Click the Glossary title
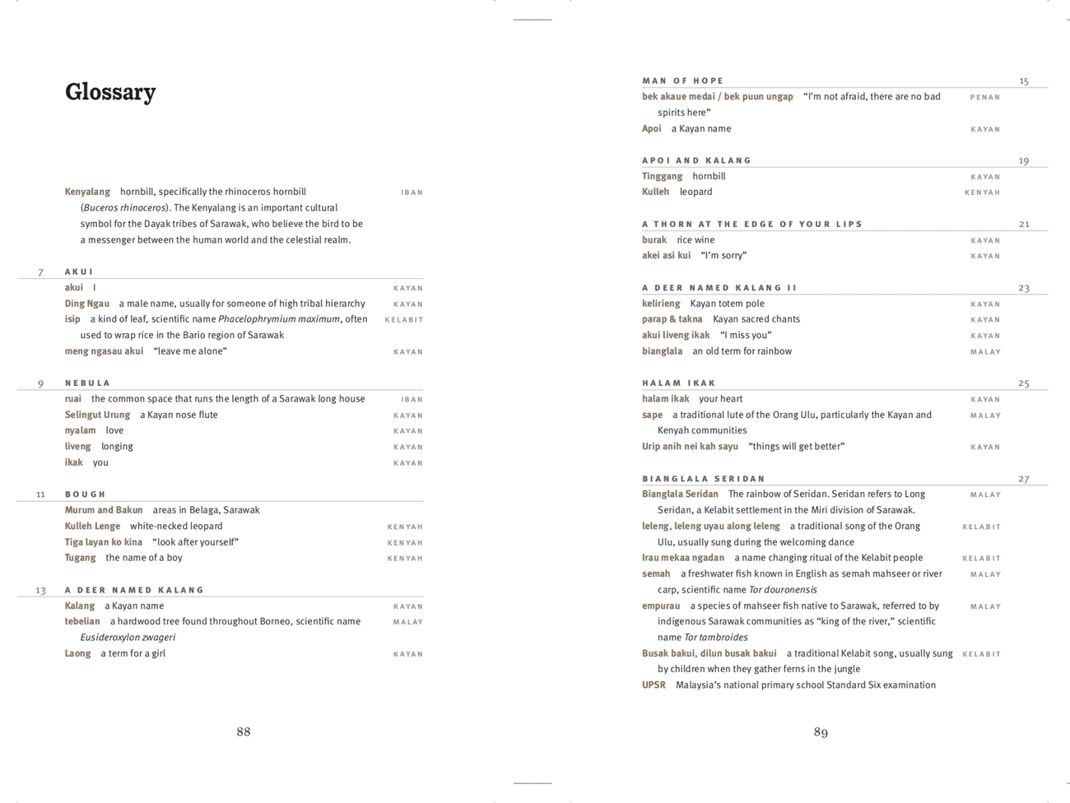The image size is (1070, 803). [110, 92]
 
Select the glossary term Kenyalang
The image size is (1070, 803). [87, 192]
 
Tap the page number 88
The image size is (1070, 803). [244, 731]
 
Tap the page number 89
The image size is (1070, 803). [821, 731]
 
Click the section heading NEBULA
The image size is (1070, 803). [87, 383]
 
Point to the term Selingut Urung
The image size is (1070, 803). [97, 415]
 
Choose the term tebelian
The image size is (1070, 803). [82, 621]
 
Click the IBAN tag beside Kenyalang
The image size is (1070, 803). [412, 193]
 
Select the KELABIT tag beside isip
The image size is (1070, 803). [403, 320]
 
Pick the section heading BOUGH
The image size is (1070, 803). [86, 494]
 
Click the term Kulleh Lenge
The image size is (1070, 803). [92, 526]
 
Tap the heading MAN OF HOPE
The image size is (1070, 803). [682, 81]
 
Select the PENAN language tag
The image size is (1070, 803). [984, 97]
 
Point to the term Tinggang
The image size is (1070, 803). [662, 176]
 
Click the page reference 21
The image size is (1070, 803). [1024, 224]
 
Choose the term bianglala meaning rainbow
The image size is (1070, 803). [662, 351]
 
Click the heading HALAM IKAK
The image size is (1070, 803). [679, 383]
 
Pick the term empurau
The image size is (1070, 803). [661, 606]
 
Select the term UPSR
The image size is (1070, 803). [654, 685]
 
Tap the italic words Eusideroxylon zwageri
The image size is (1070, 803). [128, 638]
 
